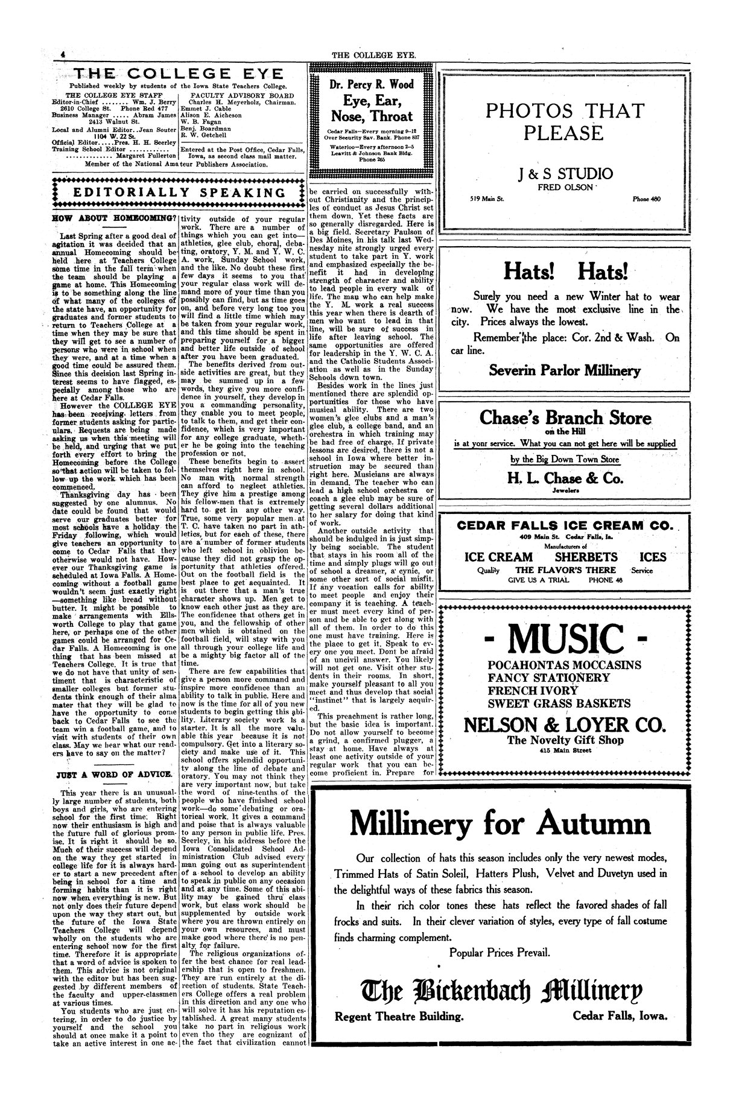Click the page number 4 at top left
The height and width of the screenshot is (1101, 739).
(x=62, y=55)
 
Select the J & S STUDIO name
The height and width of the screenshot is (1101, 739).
(x=565, y=174)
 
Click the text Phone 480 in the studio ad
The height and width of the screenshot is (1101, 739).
(x=646, y=199)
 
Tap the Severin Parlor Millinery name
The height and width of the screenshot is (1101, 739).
(x=565, y=370)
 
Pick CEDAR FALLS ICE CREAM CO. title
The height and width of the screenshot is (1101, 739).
(x=565, y=525)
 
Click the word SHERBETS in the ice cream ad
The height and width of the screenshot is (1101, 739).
(x=586, y=557)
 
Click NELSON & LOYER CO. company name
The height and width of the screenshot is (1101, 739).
(x=565, y=724)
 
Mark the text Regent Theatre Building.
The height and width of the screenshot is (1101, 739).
(x=399, y=1017)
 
